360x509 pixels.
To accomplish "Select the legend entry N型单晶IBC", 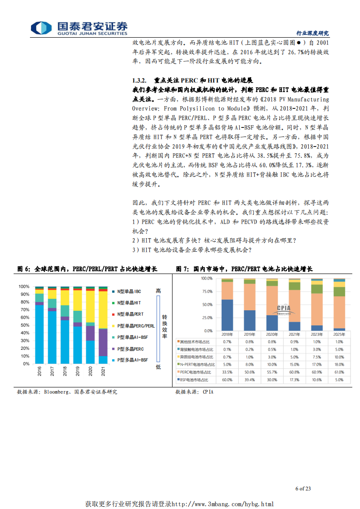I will [x=129, y=291].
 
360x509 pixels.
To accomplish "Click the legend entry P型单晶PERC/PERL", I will [x=135, y=325].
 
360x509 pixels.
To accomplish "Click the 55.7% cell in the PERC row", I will [x=272, y=372].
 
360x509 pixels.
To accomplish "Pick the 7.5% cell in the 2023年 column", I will [x=316, y=357].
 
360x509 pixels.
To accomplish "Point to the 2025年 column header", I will [x=339, y=334].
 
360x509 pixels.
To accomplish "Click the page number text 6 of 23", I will [x=303, y=489].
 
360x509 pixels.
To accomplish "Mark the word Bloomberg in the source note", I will [x=56, y=392].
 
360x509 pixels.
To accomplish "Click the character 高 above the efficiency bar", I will [x=158, y=291].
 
